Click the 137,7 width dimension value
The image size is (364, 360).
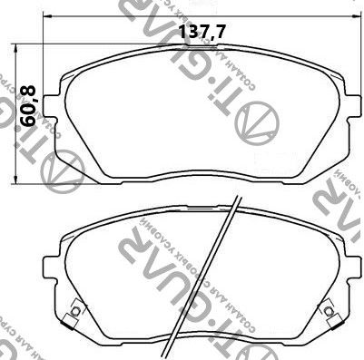click(202, 33)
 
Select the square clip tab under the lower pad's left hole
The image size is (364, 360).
click(73, 324)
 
